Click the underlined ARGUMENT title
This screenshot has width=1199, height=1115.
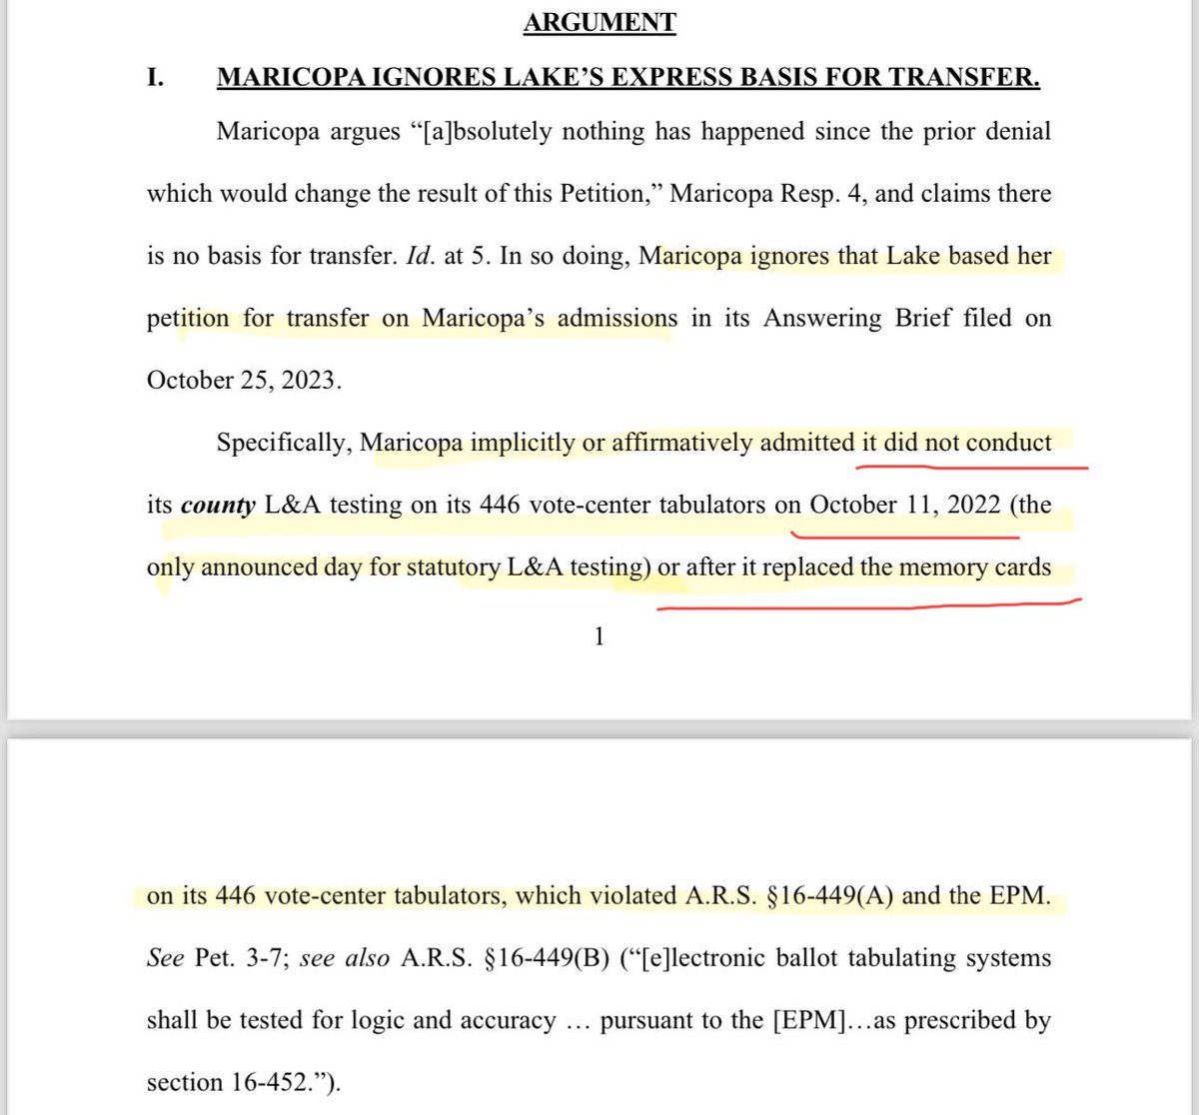[599, 22]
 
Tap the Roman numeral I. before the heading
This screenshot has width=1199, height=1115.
[156, 77]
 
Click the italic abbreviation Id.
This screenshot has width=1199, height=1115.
[417, 256]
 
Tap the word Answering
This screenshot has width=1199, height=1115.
[812, 318]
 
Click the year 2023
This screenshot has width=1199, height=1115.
[309, 381]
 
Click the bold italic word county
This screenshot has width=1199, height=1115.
[218, 506]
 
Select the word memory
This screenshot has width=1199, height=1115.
[944, 567]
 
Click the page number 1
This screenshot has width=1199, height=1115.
[599, 636]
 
